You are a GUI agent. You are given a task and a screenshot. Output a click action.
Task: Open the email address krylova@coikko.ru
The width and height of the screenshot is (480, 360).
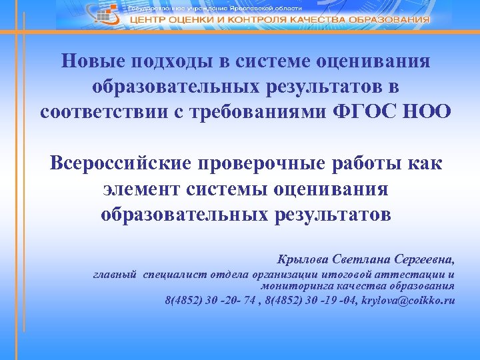click(407, 300)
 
